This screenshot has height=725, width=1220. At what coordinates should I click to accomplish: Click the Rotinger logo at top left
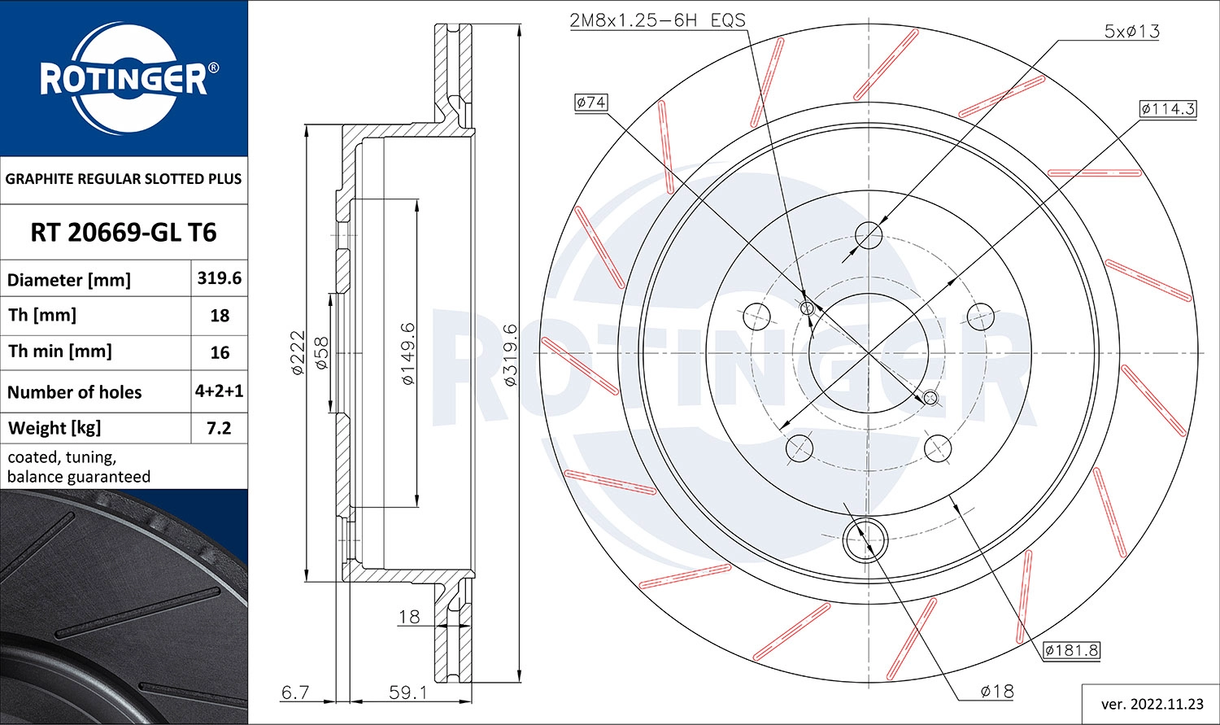pyautogui.click(x=124, y=79)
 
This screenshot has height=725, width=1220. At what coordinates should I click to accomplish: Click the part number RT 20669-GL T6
pyautogui.click(x=124, y=233)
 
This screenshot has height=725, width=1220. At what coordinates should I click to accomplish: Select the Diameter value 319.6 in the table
pyautogui.click(x=219, y=278)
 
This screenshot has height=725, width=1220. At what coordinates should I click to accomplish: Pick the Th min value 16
pyautogui.click(x=220, y=352)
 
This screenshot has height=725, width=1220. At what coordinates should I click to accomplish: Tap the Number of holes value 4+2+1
pyautogui.click(x=219, y=391)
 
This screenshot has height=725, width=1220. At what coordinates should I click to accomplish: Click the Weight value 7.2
pyautogui.click(x=219, y=428)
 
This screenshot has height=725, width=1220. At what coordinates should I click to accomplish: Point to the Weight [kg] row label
pyautogui.click(x=54, y=428)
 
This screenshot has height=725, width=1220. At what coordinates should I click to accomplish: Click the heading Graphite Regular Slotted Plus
pyautogui.click(x=124, y=179)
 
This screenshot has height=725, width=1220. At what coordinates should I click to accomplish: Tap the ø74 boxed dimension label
pyautogui.click(x=590, y=103)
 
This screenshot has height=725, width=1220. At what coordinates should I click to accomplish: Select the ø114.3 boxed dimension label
pyautogui.click(x=1167, y=109)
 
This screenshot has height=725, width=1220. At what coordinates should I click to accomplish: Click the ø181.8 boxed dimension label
pyautogui.click(x=1071, y=650)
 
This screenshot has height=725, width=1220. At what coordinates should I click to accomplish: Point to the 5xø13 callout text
pyautogui.click(x=1131, y=32)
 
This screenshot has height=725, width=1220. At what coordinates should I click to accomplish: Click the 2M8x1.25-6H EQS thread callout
pyautogui.click(x=657, y=20)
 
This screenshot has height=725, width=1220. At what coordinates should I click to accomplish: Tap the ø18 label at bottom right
pyautogui.click(x=996, y=691)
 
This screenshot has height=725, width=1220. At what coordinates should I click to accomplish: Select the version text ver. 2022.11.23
pyautogui.click(x=1151, y=703)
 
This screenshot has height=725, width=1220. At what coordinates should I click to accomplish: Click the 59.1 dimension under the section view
pyautogui.click(x=407, y=692)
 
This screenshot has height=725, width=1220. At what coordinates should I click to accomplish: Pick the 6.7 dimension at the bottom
pyautogui.click(x=294, y=692)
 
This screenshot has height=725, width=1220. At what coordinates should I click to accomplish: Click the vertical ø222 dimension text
pyautogui.click(x=298, y=352)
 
